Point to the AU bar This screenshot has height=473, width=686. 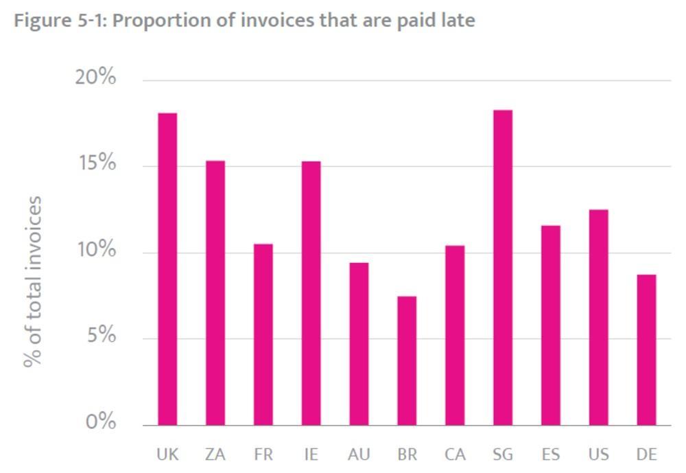tap(359, 344)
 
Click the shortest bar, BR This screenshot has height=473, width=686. tap(407, 360)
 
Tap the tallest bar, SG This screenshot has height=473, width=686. tap(503, 268)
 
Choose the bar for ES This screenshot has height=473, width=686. tap(550, 325)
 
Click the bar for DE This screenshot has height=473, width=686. tap(646, 350)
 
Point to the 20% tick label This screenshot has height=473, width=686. tap(95, 78)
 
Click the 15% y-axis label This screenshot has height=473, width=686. tap(96, 164)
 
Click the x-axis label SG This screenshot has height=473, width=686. tap(503, 454)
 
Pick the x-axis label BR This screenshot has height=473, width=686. tap(407, 454)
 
